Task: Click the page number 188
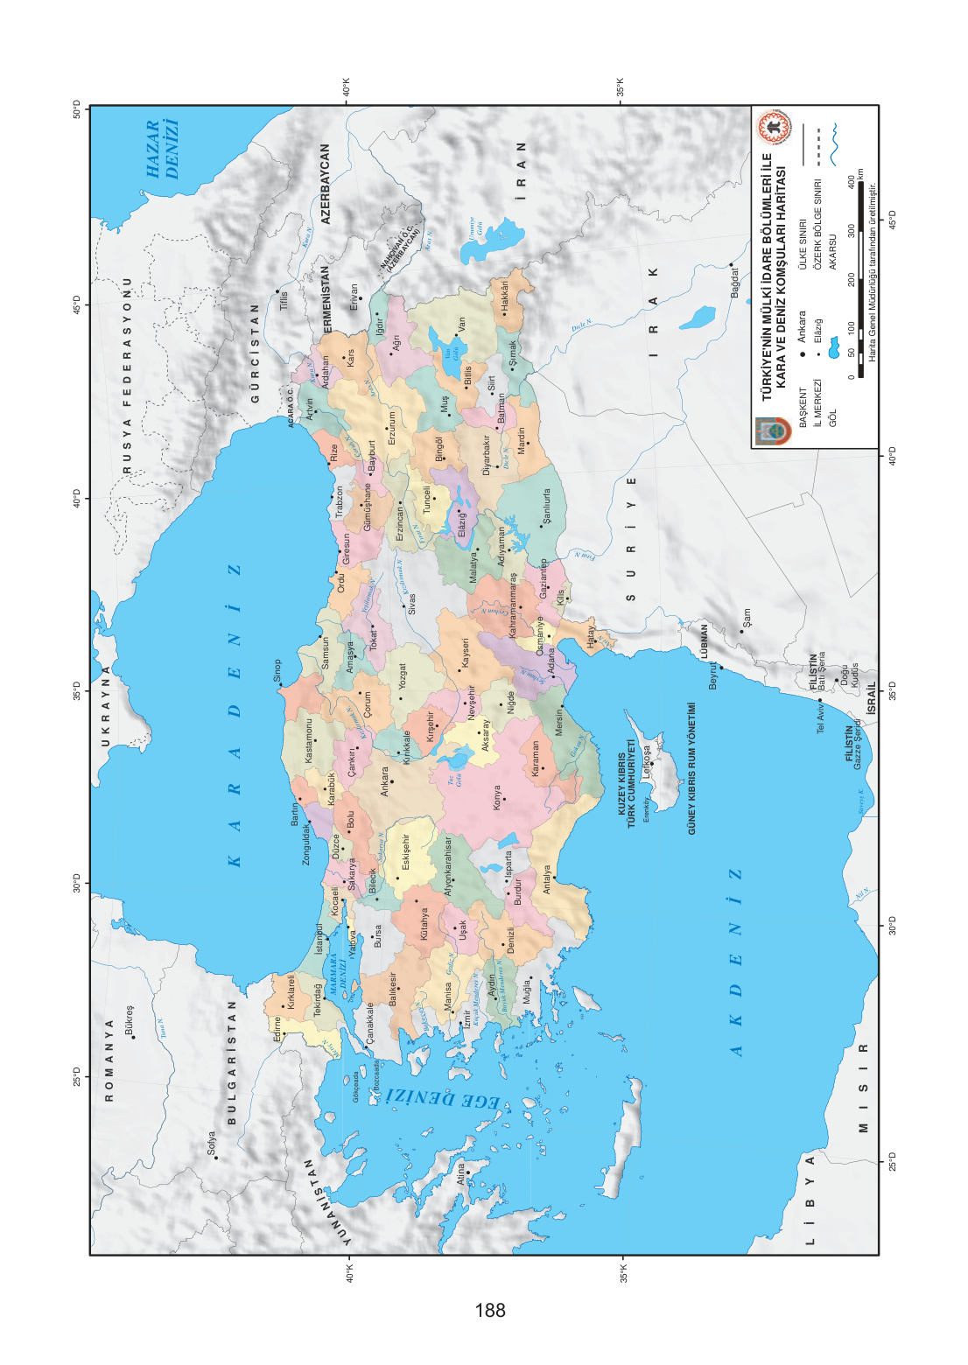pos(490,1310)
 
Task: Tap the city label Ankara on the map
pos(383,781)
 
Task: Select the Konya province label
pos(497,797)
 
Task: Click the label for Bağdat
pos(735,282)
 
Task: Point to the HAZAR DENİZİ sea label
pos(163,150)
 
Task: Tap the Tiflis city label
pos(284,301)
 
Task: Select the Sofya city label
pos(211,1144)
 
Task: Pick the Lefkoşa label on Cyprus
pos(647,762)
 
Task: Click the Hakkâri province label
pos(504,296)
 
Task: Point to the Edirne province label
pos(277,1028)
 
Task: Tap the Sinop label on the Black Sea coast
pos(277,671)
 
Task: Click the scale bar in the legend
pos(861,271)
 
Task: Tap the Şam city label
pos(746,619)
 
